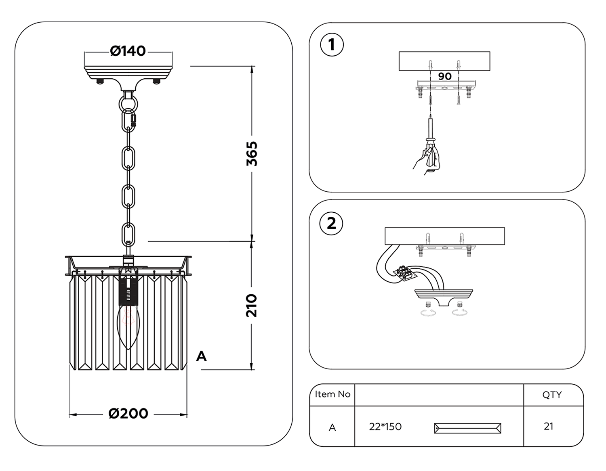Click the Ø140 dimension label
pos(128,51)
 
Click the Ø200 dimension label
pos(128,414)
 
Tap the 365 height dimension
pos(252,153)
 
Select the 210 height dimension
pos(252,306)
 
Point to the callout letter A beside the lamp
pos(201,356)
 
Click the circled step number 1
pos(332,45)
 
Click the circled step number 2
pos(331,223)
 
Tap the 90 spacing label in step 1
pos(445,76)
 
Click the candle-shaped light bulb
pos(128,325)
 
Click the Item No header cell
pos(332,394)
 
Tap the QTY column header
pos(552,395)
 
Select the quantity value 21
pos(549,426)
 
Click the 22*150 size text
pos(385,427)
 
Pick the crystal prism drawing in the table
pos(467,428)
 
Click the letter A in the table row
pos(332,428)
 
